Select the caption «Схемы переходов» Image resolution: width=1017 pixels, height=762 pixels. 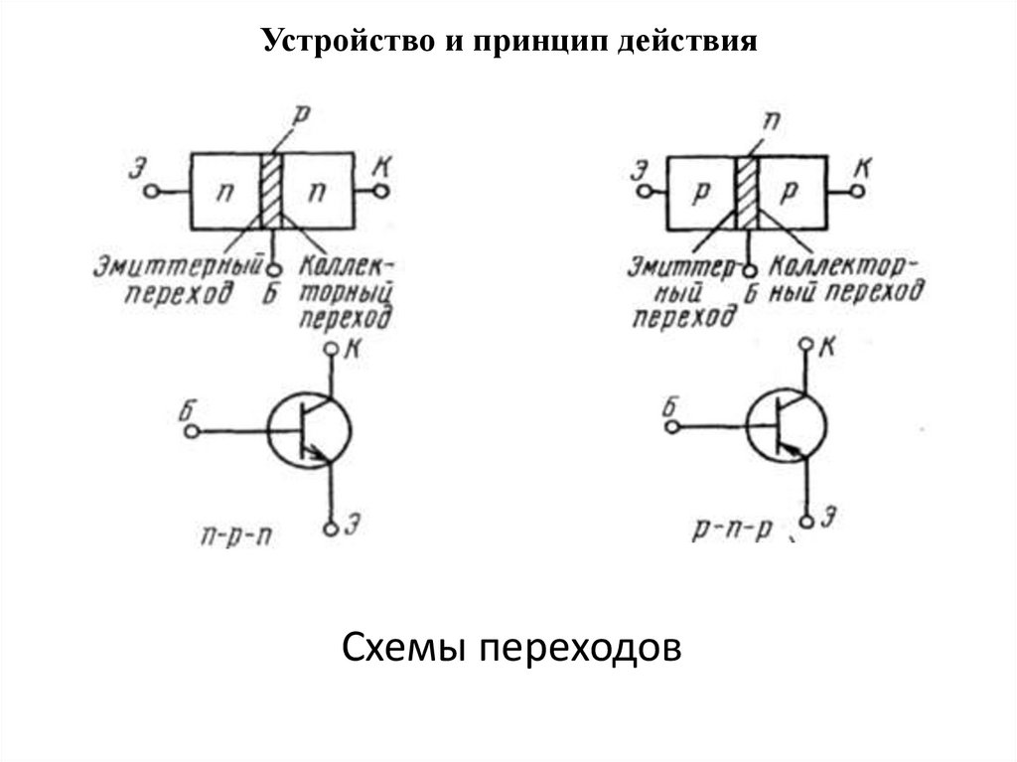511,648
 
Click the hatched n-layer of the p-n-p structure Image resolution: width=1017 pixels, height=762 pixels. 748,193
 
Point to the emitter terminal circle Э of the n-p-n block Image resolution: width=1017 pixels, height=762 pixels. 151,192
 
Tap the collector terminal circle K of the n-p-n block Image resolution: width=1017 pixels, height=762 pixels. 382,191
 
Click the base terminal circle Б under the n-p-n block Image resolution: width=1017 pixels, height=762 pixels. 274,268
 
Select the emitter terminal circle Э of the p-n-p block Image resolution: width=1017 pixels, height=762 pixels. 644,192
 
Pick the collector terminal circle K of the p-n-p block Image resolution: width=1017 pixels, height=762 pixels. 857,191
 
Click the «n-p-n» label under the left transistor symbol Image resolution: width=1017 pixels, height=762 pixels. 236,537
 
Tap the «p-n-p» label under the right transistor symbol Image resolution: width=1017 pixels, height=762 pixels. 732,531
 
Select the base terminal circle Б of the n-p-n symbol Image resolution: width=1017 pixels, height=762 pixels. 190,431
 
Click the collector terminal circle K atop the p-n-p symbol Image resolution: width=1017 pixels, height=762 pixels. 806,344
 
